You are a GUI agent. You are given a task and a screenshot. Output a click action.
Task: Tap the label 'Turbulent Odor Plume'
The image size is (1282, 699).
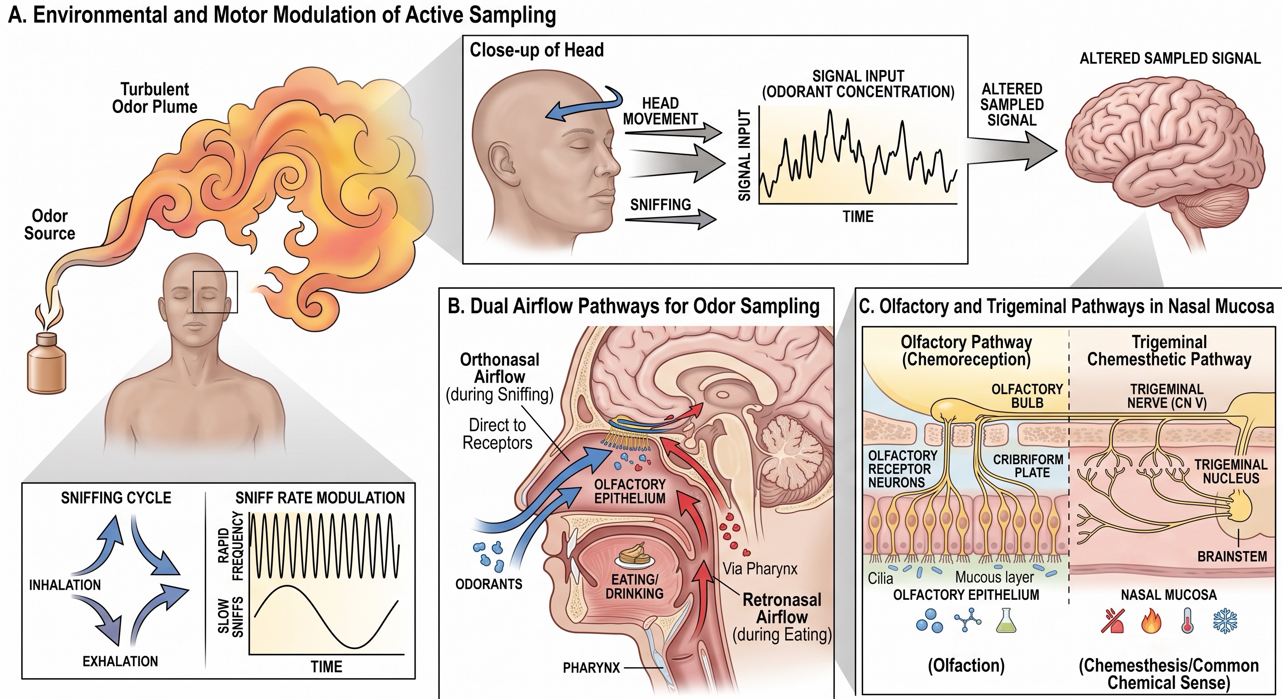pyautogui.click(x=155, y=98)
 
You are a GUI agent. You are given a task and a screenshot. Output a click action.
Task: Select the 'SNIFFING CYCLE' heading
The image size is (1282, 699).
pyautogui.click(x=116, y=498)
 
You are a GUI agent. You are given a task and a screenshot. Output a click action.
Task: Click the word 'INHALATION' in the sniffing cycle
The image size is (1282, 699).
pyautogui.click(x=65, y=585)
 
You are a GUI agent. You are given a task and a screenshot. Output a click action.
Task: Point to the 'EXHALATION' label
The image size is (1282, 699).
pyautogui.click(x=120, y=661)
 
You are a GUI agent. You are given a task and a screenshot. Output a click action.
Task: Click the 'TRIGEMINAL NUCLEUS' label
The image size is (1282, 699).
pyautogui.click(x=1231, y=471)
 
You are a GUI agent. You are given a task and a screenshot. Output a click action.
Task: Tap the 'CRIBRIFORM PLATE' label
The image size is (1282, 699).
pyautogui.click(x=1028, y=466)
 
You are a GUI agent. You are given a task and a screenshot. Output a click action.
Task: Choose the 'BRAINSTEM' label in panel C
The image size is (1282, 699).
pyautogui.click(x=1232, y=556)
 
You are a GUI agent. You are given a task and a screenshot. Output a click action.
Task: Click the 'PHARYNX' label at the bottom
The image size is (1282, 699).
pyautogui.click(x=591, y=668)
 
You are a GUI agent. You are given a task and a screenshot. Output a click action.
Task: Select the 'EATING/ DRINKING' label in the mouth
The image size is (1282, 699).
pyautogui.click(x=635, y=587)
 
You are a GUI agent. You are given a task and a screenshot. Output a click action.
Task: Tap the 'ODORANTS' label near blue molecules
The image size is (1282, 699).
pyautogui.click(x=488, y=584)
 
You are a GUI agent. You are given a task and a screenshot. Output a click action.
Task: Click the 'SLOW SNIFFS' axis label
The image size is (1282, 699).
pyautogui.click(x=231, y=617)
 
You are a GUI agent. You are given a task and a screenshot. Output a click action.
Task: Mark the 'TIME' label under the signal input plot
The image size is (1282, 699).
pyautogui.click(x=858, y=217)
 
